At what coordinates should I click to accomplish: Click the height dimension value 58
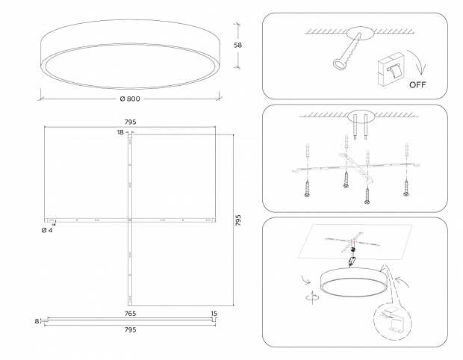click(x=237, y=45)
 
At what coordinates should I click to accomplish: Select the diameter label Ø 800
click(x=130, y=99)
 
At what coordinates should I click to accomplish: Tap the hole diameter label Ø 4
click(x=46, y=230)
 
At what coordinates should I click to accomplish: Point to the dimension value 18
click(x=119, y=132)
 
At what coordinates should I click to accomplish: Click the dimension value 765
click(x=129, y=314)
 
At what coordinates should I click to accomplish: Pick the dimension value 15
click(x=214, y=314)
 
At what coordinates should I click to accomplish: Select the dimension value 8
click(x=36, y=321)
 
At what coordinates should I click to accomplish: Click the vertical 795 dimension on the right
click(x=237, y=220)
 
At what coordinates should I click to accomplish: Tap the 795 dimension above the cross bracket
click(x=129, y=121)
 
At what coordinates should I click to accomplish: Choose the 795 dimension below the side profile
click(x=129, y=329)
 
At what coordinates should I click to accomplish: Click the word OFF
click(x=418, y=85)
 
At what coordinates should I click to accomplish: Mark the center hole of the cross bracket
click(x=130, y=220)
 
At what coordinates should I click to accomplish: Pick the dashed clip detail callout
click(x=391, y=321)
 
